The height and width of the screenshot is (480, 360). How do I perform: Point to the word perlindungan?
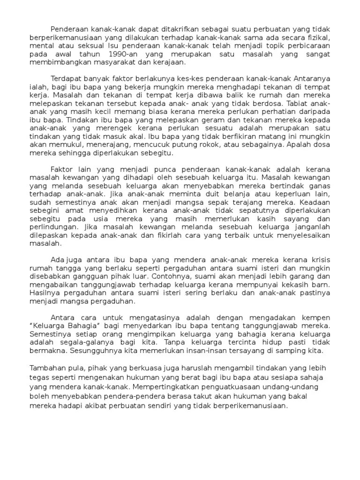[x=52, y=227]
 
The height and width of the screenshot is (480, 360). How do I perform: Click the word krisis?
[x=319, y=260]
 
